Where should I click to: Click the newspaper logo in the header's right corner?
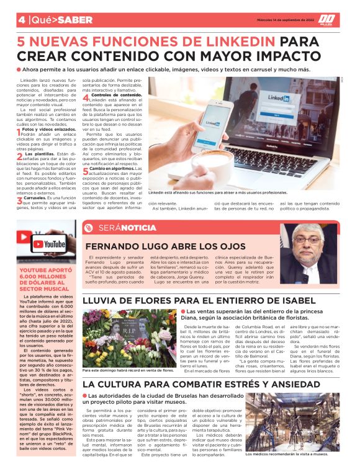[329, 19]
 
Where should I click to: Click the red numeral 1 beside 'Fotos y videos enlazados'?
[19, 132]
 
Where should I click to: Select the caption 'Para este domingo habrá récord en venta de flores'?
[127, 370]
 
